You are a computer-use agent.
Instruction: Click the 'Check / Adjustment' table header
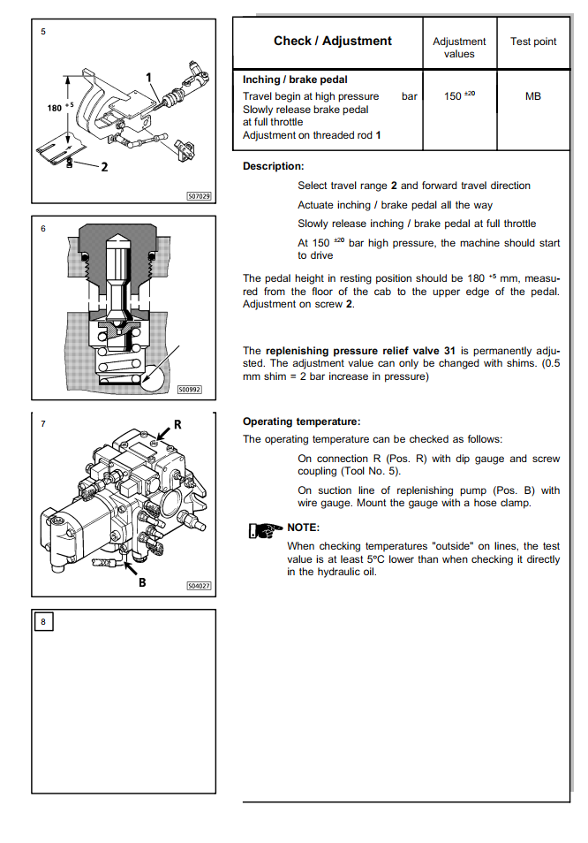[x=332, y=41]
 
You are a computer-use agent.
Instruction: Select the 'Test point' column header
[x=532, y=41]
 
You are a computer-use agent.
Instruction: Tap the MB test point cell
[x=532, y=96]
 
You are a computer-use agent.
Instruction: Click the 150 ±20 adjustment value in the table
[x=459, y=96]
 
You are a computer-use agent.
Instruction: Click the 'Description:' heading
[x=273, y=166]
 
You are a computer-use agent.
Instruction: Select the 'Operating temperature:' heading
[x=301, y=421]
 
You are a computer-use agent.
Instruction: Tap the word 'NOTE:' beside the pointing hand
[x=304, y=528]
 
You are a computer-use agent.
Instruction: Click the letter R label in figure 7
[x=177, y=424]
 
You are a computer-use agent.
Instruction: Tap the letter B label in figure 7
[x=141, y=582]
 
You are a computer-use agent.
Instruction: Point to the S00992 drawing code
[x=189, y=388]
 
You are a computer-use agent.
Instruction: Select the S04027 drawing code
[x=199, y=585]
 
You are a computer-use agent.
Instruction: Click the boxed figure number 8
[x=43, y=621]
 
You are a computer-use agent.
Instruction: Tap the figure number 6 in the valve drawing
[x=42, y=228]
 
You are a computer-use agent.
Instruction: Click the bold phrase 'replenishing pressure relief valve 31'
[x=360, y=350]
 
